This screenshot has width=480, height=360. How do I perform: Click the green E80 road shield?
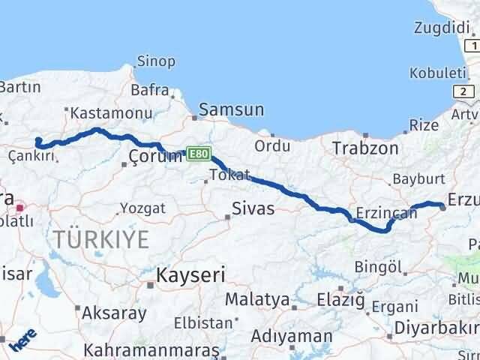(197, 153)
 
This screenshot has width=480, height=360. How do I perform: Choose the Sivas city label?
(253, 208)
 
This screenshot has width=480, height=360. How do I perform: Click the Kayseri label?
(190, 275)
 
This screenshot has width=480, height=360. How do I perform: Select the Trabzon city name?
(365, 148)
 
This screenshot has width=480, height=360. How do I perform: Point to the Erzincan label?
(387, 213)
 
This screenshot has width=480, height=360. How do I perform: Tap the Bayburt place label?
(418, 181)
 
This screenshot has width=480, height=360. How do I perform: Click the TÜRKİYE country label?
(101, 240)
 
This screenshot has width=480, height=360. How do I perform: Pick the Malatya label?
(257, 299)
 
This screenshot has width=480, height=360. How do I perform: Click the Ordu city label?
(272, 145)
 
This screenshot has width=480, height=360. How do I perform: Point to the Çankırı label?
(31, 155)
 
